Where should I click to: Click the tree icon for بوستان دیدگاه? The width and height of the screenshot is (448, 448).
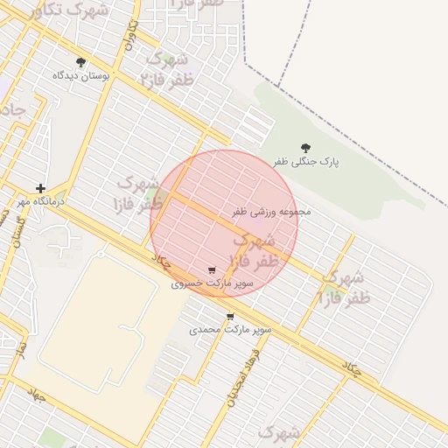pos(81,62)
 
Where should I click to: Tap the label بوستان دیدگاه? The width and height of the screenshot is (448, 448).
pos(81,76)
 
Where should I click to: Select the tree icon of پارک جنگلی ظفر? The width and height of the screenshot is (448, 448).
pos(305,148)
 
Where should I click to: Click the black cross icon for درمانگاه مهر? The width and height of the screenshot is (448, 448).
pos(40,188)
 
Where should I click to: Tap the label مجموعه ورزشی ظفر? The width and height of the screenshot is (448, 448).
pos(271,212)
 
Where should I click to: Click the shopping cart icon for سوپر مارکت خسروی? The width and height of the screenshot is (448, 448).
pos(211,270)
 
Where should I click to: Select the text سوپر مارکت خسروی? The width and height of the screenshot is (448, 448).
pos(211,284)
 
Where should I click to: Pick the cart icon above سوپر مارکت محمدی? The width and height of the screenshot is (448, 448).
pos(230,317)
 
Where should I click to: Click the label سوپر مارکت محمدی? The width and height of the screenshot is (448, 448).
pos(230,331)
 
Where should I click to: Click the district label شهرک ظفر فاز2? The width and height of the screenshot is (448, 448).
pos(166,70)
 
